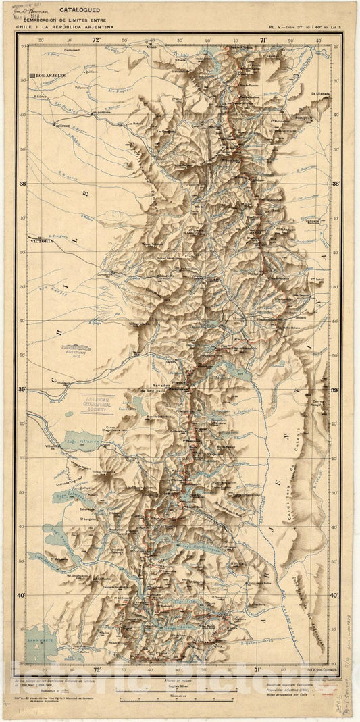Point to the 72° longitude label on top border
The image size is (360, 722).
click(96, 41)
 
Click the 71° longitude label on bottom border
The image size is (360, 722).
click(257, 670)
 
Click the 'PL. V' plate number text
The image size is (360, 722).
click(274, 28)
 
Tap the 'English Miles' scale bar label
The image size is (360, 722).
click(178, 684)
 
